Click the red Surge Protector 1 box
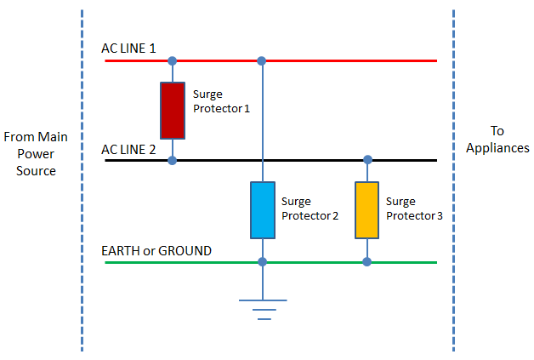pyautogui.click(x=173, y=110)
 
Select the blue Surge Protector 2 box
pyautogui.click(x=262, y=210)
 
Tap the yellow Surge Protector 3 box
pyautogui.click(x=367, y=210)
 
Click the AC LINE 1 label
pyautogui.click(x=128, y=49)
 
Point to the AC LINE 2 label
pyautogui.click(x=128, y=149)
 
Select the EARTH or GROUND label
pyautogui.click(x=156, y=251)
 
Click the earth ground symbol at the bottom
pyautogui.click(x=263, y=308)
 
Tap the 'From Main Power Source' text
pyautogui.click(x=35, y=153)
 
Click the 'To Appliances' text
pyautogui.click(x=497, y=139)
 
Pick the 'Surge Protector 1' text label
pyautogui.click(x=221, y=101)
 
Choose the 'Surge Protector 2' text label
pyautogui.click(x=310, y=209)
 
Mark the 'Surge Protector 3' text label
pyautogui.click(x=414, y=209)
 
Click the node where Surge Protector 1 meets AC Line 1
pyautogui.click(x=173, y=61)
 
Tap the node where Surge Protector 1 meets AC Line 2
pyautogui.click(x=173, y=160)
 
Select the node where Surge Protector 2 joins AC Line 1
pyautogui.click(x=262, y=61)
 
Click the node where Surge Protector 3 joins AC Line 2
pyautogui.click(x=367, y=160)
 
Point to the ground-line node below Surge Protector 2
pyautogui.click(x=262, y=262)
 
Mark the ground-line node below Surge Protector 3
pyautogui.click(x=367, y=262)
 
